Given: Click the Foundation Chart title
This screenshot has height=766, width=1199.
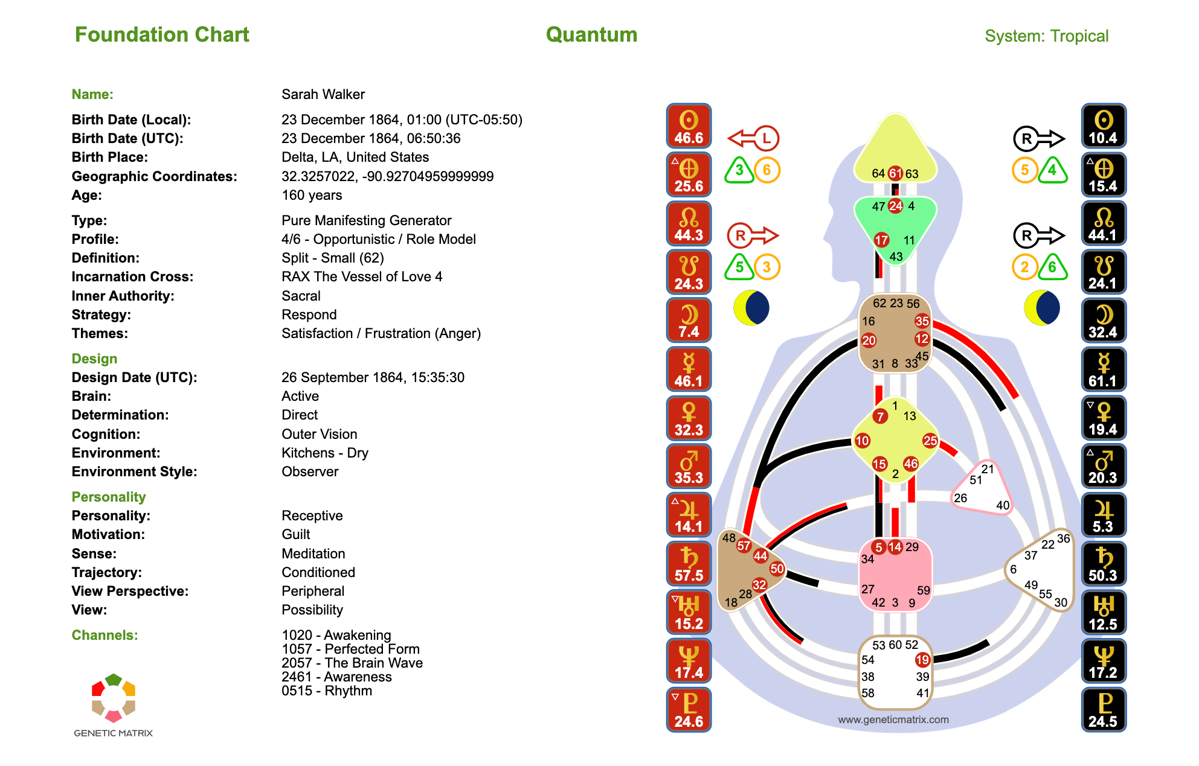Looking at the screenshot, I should [162, 35].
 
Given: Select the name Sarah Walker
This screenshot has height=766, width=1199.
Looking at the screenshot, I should [323, 94].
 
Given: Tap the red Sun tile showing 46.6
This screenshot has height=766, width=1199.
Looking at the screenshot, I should [689, 126].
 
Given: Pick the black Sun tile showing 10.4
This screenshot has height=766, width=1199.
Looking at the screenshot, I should [1103, 126].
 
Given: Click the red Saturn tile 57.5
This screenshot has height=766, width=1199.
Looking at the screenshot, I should [689, 564].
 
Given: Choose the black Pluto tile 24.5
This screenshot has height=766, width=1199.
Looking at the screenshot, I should [1103, 710].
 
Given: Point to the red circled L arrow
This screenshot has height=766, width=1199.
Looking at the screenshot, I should [753, 138].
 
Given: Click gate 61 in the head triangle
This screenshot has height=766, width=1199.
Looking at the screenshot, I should [895, 173].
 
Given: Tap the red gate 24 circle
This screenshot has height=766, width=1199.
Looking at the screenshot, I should [895, 206].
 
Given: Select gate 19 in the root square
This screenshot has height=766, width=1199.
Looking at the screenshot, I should [922, 659].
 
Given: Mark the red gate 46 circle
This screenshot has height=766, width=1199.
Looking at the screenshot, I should [911, 464].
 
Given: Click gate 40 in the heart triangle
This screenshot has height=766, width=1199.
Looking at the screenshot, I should [1003, 505].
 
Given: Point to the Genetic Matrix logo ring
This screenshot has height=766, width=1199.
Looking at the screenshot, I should [114, 698].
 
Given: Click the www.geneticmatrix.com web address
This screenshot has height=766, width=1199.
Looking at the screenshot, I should [893, 720].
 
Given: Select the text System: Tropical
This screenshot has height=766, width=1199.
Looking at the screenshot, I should [1046, 36].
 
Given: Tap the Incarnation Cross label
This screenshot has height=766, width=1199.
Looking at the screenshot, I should [132, 276].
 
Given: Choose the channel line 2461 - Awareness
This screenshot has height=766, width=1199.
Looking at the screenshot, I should [336, 677].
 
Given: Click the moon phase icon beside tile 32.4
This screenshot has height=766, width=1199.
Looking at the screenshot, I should [1041, 307].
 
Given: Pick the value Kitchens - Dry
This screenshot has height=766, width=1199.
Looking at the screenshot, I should [324, 453].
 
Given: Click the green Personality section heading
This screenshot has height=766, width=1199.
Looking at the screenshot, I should [109, 497].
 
